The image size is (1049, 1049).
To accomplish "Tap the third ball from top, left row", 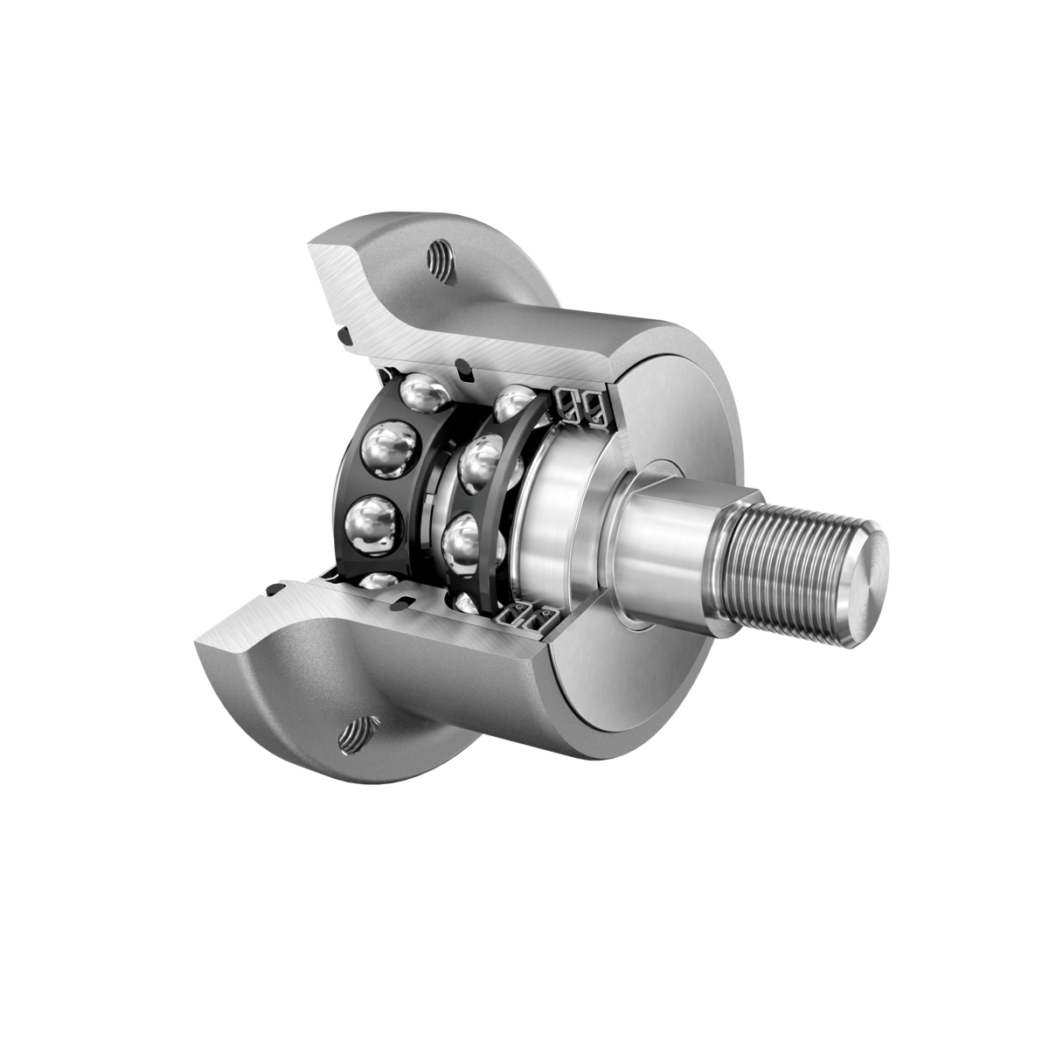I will pos(373,528).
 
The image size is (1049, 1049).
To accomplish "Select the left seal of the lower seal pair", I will pos(510,618).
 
